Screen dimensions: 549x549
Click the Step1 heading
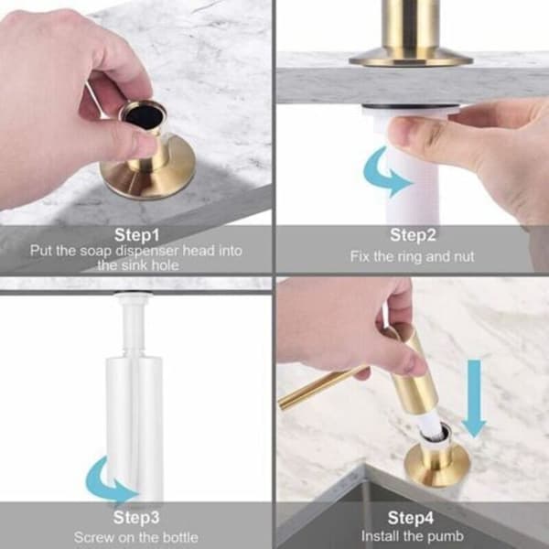point(136,235)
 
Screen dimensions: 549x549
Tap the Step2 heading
point(413,234)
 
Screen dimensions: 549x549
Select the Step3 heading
point(136,518)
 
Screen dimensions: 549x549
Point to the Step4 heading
point(410,518)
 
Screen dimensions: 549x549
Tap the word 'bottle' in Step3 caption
point(180,537)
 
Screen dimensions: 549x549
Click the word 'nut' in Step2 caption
point(464,256)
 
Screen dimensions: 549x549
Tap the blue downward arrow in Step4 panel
point(474,398)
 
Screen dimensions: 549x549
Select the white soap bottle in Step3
point(135,426)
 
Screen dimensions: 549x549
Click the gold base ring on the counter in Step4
point(436,461)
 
